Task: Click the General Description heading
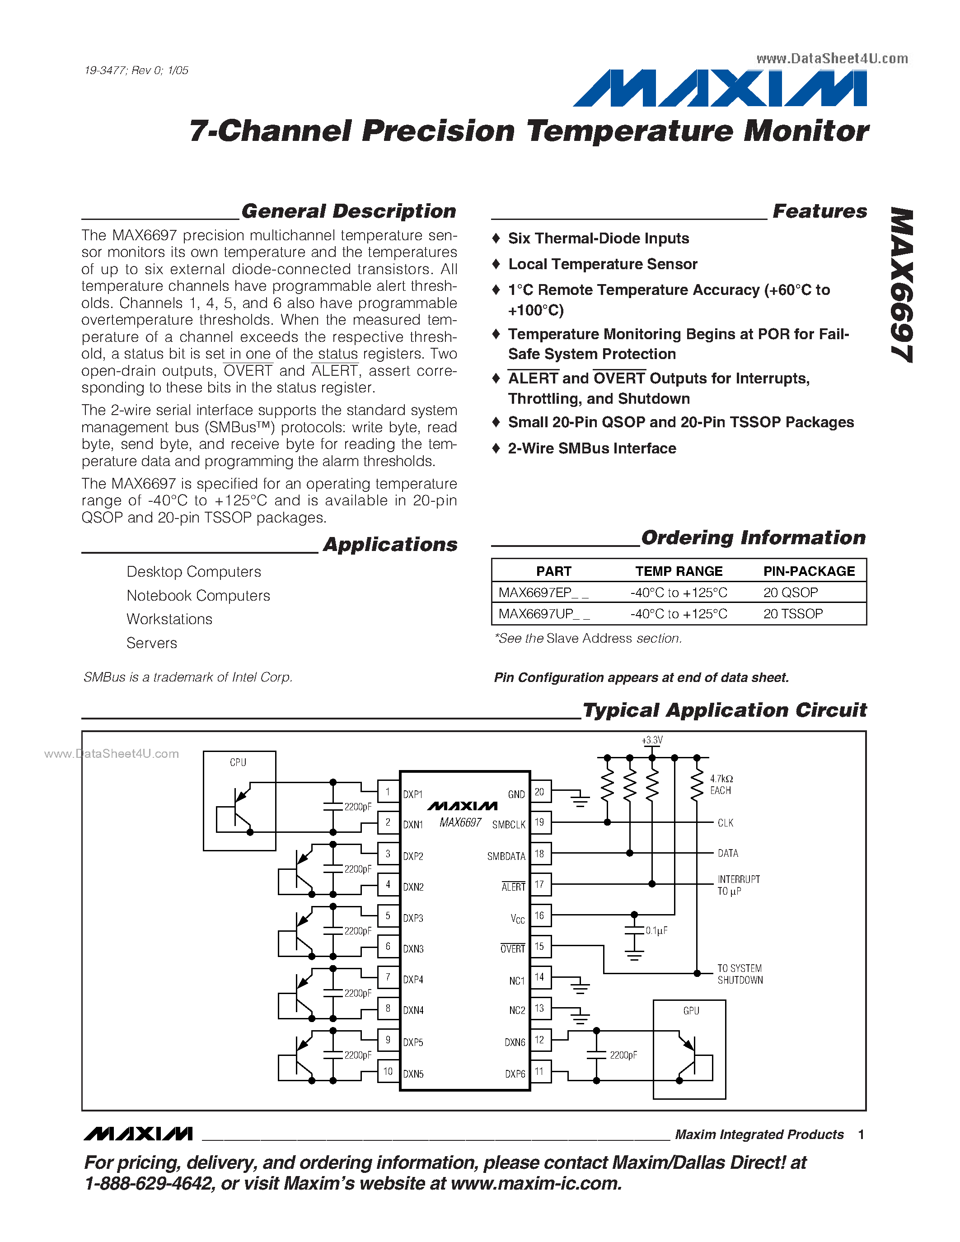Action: coord(349,211)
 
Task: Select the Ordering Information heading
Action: coord(754,537)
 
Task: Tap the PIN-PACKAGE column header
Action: coord(809,571)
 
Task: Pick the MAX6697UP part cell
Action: coord(543,614)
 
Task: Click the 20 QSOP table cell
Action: coord(791,593)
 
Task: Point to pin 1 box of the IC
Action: coord(388,792)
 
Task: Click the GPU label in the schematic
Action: coord(691,1011)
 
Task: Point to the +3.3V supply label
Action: coord(652,740)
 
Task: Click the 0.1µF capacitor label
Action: coord(656,931)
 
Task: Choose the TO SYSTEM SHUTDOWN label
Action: coord(740,974)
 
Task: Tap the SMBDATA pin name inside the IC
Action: coord(506,856)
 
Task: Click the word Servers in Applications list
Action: coord(152,643)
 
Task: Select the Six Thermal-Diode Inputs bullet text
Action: coord(598,238)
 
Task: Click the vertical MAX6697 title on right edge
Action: coord(901,285)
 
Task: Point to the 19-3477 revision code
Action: coord(136,70)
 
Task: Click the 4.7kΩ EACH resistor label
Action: coord(721,784)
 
